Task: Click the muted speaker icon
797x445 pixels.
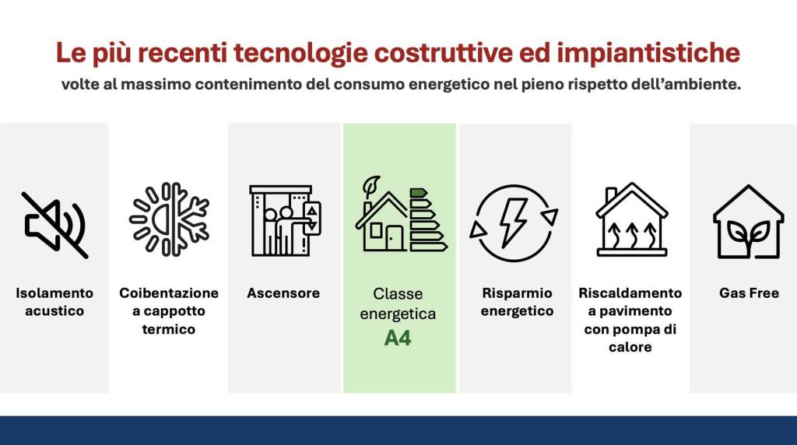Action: click(x=54, y=225)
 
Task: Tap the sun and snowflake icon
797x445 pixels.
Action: click(x=169, y=219)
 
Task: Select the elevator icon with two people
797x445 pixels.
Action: click(x=284, y=221)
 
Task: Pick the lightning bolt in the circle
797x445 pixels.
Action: click(x=514, y=222)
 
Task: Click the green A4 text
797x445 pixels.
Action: click(x=398, y=338)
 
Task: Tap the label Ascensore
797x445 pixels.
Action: click(x=283, y=293)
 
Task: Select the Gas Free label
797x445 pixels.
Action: click(x=749, y=293)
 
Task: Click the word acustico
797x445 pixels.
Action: click(x=54, y=311)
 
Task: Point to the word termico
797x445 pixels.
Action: click(x=169, y=329)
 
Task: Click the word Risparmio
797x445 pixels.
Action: click(x=517, y=293)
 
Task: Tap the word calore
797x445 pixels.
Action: click(x=630, y=347)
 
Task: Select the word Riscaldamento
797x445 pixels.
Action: click(x=630, y=293)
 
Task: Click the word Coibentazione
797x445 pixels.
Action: click(x=169, y=293)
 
